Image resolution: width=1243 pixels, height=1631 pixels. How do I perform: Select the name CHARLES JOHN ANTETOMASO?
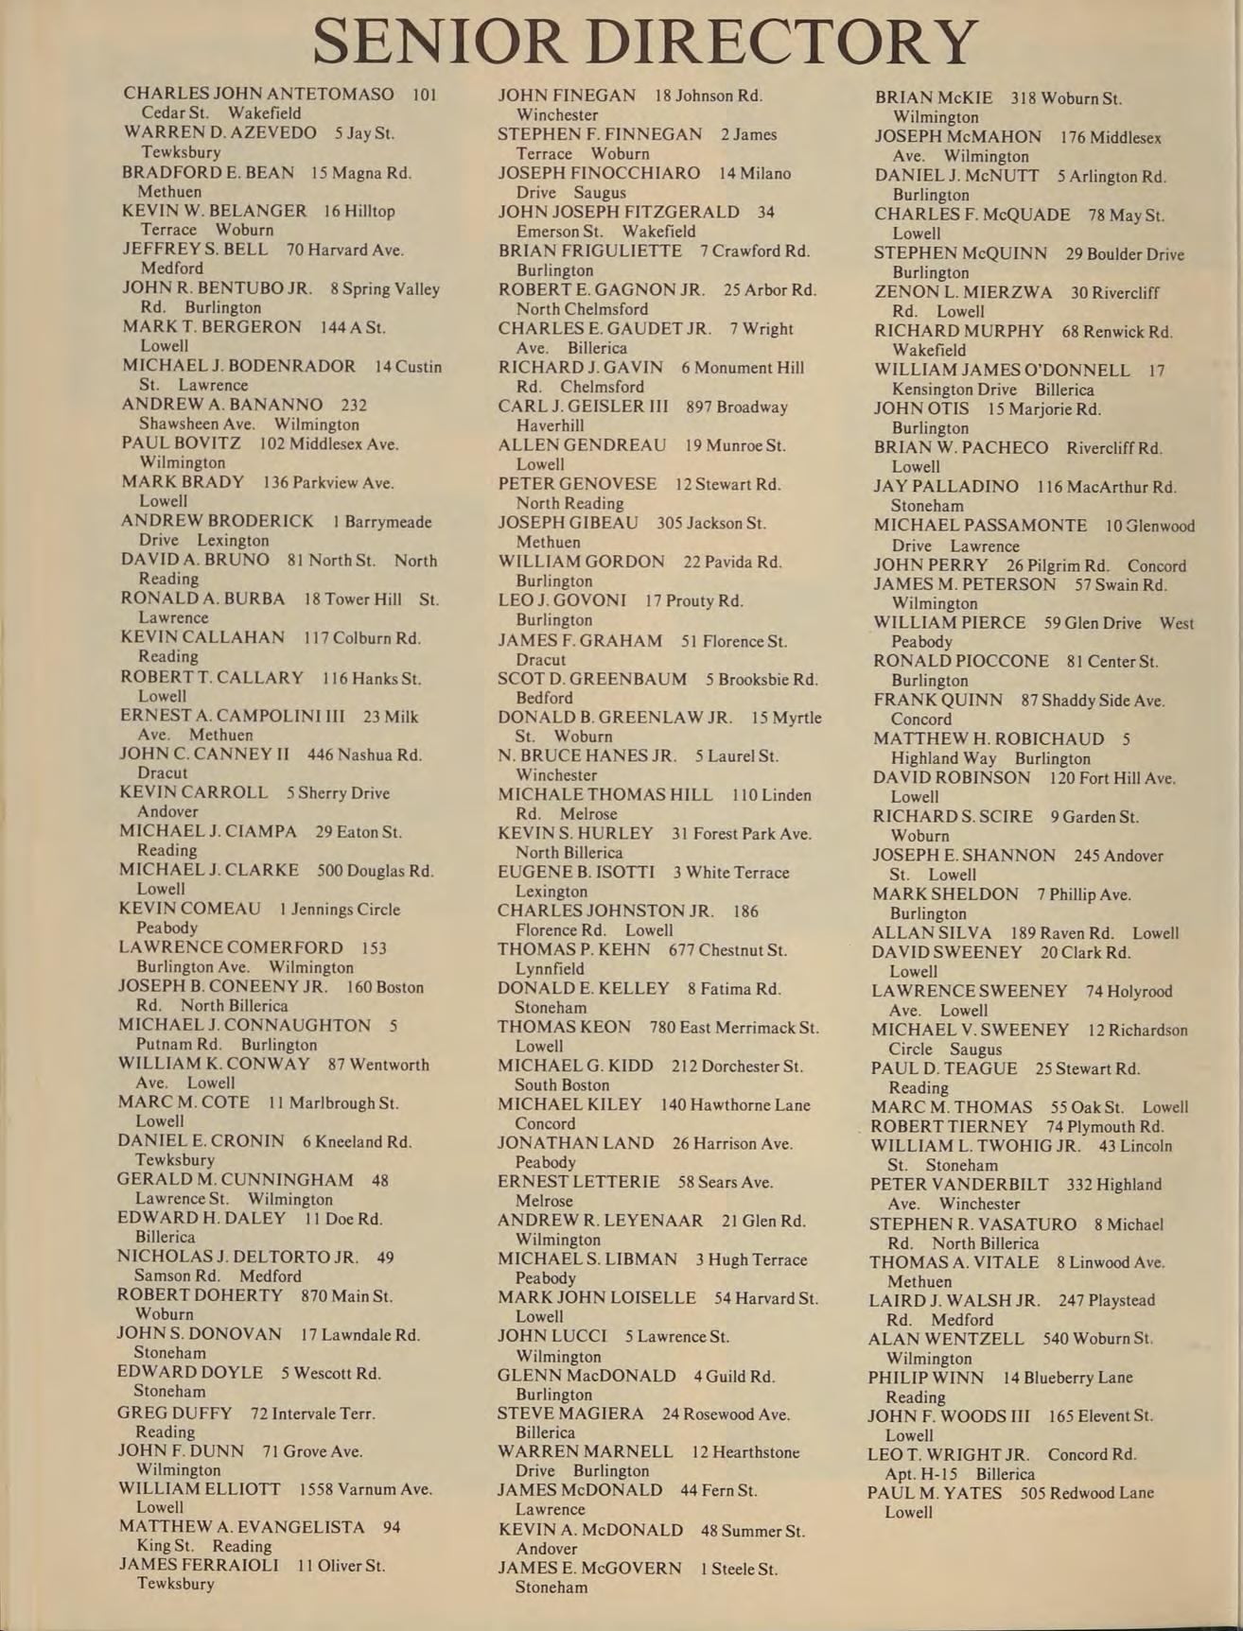point(258,95)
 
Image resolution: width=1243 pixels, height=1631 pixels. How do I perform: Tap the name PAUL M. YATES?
point(935,1493)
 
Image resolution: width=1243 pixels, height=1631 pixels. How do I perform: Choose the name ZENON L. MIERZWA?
point(963,293)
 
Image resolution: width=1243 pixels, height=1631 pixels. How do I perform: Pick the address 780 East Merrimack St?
point(735,1028)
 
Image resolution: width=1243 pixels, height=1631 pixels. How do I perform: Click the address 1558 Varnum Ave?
point(365,1489)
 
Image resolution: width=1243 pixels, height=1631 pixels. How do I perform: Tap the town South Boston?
point(562,1085)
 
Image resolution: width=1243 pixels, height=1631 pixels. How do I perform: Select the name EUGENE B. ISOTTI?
point(576,873)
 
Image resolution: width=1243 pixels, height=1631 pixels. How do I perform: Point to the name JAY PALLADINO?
point(946,487)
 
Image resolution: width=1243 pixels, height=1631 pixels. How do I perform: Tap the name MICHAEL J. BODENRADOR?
point(238,366)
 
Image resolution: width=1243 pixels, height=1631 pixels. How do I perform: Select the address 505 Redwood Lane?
point(1087,1493)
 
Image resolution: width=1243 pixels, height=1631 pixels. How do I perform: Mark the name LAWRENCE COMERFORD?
point(231,947)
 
